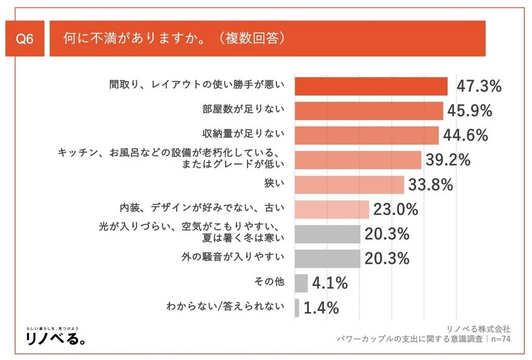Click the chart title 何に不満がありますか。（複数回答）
pyautogui.click(x=174, y=38)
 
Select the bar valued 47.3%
pyautogui.click(x=371, y=86)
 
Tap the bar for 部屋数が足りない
pyautogui.click(x=369, y=111)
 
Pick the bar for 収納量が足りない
pyautogui.click(x=367, y=136)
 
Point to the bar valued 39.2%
pyautogui.click(x=358, y=160)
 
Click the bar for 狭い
pyautogui.click(x=349, y=185)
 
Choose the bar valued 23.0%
pyautogui.click(x=332, y=209)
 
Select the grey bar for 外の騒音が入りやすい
pyautogui.click(x=328, y=258)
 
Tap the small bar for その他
pyautogui.click(x=301, y=283)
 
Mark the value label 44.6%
pyautogui.click(x=465, y=136)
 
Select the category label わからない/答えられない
pyautogui.click(x=227, y=308)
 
